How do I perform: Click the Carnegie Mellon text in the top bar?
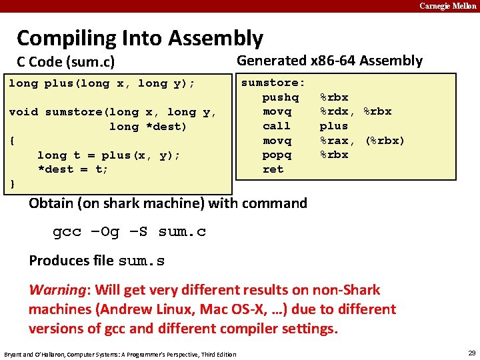pos(447,6)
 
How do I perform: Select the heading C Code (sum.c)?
pos(65,63)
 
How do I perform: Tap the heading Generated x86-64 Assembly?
pos(329,61)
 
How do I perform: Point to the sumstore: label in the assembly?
pos(273,83)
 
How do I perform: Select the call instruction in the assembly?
pos(276,126)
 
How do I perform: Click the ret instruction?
pos(273,169)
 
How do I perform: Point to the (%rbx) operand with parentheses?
pos(385,141)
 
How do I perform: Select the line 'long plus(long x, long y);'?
pos(101,83)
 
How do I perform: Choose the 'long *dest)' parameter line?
pos(148,127)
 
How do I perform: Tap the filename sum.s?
pos(141,261)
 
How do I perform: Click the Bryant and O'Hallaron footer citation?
pos(120,354)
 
